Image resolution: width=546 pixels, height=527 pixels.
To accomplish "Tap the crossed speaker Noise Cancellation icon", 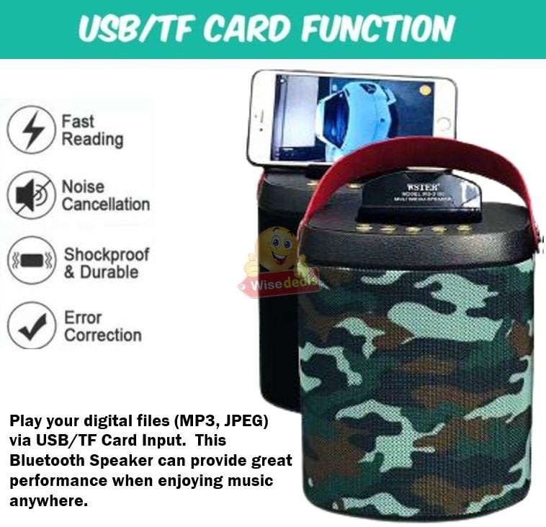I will pos(31,195).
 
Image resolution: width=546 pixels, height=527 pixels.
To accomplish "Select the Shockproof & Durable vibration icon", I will pos(31,261).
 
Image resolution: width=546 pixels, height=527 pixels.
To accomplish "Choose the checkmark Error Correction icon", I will pos(31,325).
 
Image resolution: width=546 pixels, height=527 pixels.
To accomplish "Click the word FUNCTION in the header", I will pos(377,29).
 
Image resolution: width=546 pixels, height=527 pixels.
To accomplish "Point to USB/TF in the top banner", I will pos(134,29).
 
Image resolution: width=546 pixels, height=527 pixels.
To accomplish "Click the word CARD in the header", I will pos(245,29).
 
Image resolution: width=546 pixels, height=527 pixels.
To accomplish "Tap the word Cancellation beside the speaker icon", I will pos(105,204).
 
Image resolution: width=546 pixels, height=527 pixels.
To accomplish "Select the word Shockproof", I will pos(106,254).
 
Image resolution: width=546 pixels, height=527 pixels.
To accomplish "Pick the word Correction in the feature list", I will pos(103,335).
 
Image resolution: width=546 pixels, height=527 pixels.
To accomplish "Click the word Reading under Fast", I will pos(92,139).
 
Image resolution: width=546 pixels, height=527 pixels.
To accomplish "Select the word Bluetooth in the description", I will pos(45,460).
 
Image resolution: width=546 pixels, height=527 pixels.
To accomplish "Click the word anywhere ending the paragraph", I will pos(48,500).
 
